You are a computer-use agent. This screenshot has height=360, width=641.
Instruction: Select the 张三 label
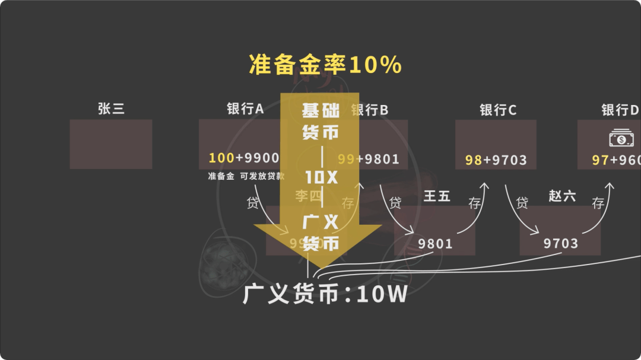(x=111, y=109)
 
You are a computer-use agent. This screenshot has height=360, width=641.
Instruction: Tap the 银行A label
(x=245, y=109)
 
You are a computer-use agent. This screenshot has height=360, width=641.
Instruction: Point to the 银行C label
(x=498, y=110)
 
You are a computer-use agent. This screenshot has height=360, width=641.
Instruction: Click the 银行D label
(x=620, y=110)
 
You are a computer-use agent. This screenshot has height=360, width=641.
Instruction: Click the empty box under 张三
(x=111, y=144)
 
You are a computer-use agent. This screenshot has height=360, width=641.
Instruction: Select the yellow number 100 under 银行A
(x=221, y=158)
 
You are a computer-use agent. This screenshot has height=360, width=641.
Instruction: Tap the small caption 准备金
(x=221, y=176)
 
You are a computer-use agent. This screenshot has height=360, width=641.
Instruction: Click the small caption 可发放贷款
(x=262, y=176)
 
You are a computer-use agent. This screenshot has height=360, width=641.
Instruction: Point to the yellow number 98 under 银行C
(x=473, y=160)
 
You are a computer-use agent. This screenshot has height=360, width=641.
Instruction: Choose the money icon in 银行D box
(x=621, y=139)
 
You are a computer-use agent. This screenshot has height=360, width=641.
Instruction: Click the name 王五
(x=437, y=196)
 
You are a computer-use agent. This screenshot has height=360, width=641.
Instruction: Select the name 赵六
(x=562, y=196)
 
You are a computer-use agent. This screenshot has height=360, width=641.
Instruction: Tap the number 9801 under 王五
(x=435, y=244)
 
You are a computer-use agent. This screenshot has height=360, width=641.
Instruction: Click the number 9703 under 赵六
(x=560, y=244)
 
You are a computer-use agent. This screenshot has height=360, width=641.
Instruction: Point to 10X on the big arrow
(x=320, y=177)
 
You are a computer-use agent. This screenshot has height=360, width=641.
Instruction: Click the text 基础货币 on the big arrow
(x=320, y=121)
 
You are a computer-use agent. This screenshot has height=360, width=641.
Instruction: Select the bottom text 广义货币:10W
(x=325, y=294)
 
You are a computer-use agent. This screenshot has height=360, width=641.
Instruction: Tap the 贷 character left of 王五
(x=395, y=203)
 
